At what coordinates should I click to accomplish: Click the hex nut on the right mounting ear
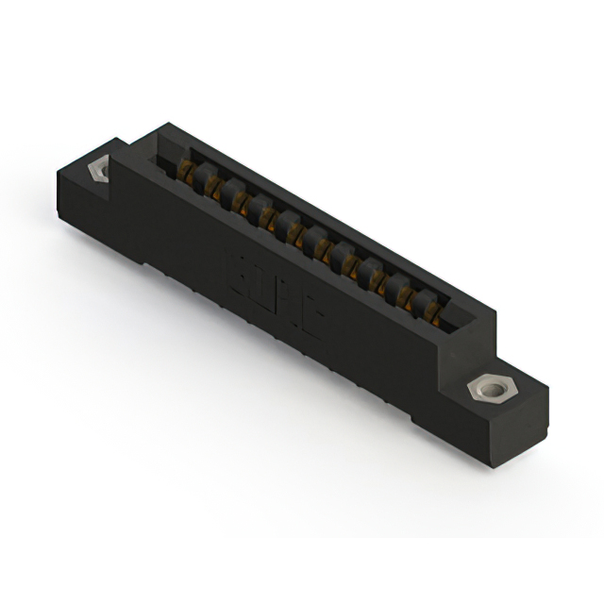click(489, 388)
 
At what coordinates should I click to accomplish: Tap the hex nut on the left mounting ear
click(96, 169)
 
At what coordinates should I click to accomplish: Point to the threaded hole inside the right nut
click(489, 388)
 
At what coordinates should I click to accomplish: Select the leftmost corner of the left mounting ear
click(57, 170)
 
